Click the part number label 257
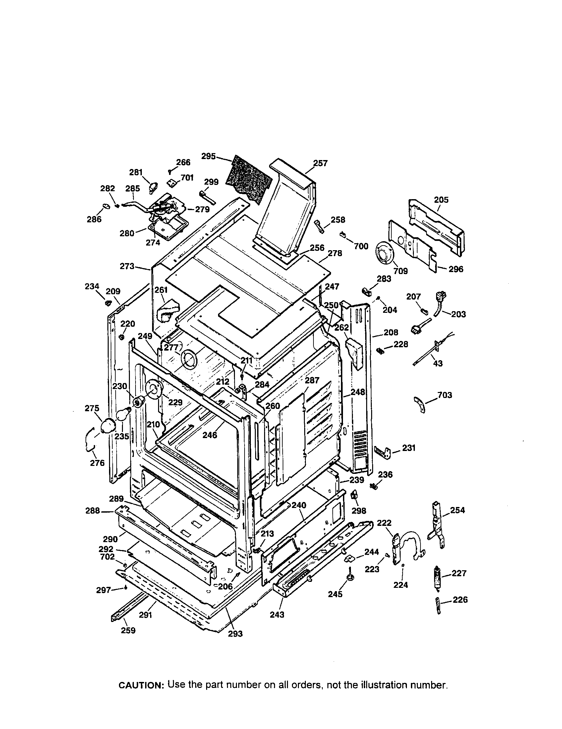click(320, 163)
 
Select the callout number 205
click(441, 200)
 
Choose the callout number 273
click(127, 266)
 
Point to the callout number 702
click(107, 557)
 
